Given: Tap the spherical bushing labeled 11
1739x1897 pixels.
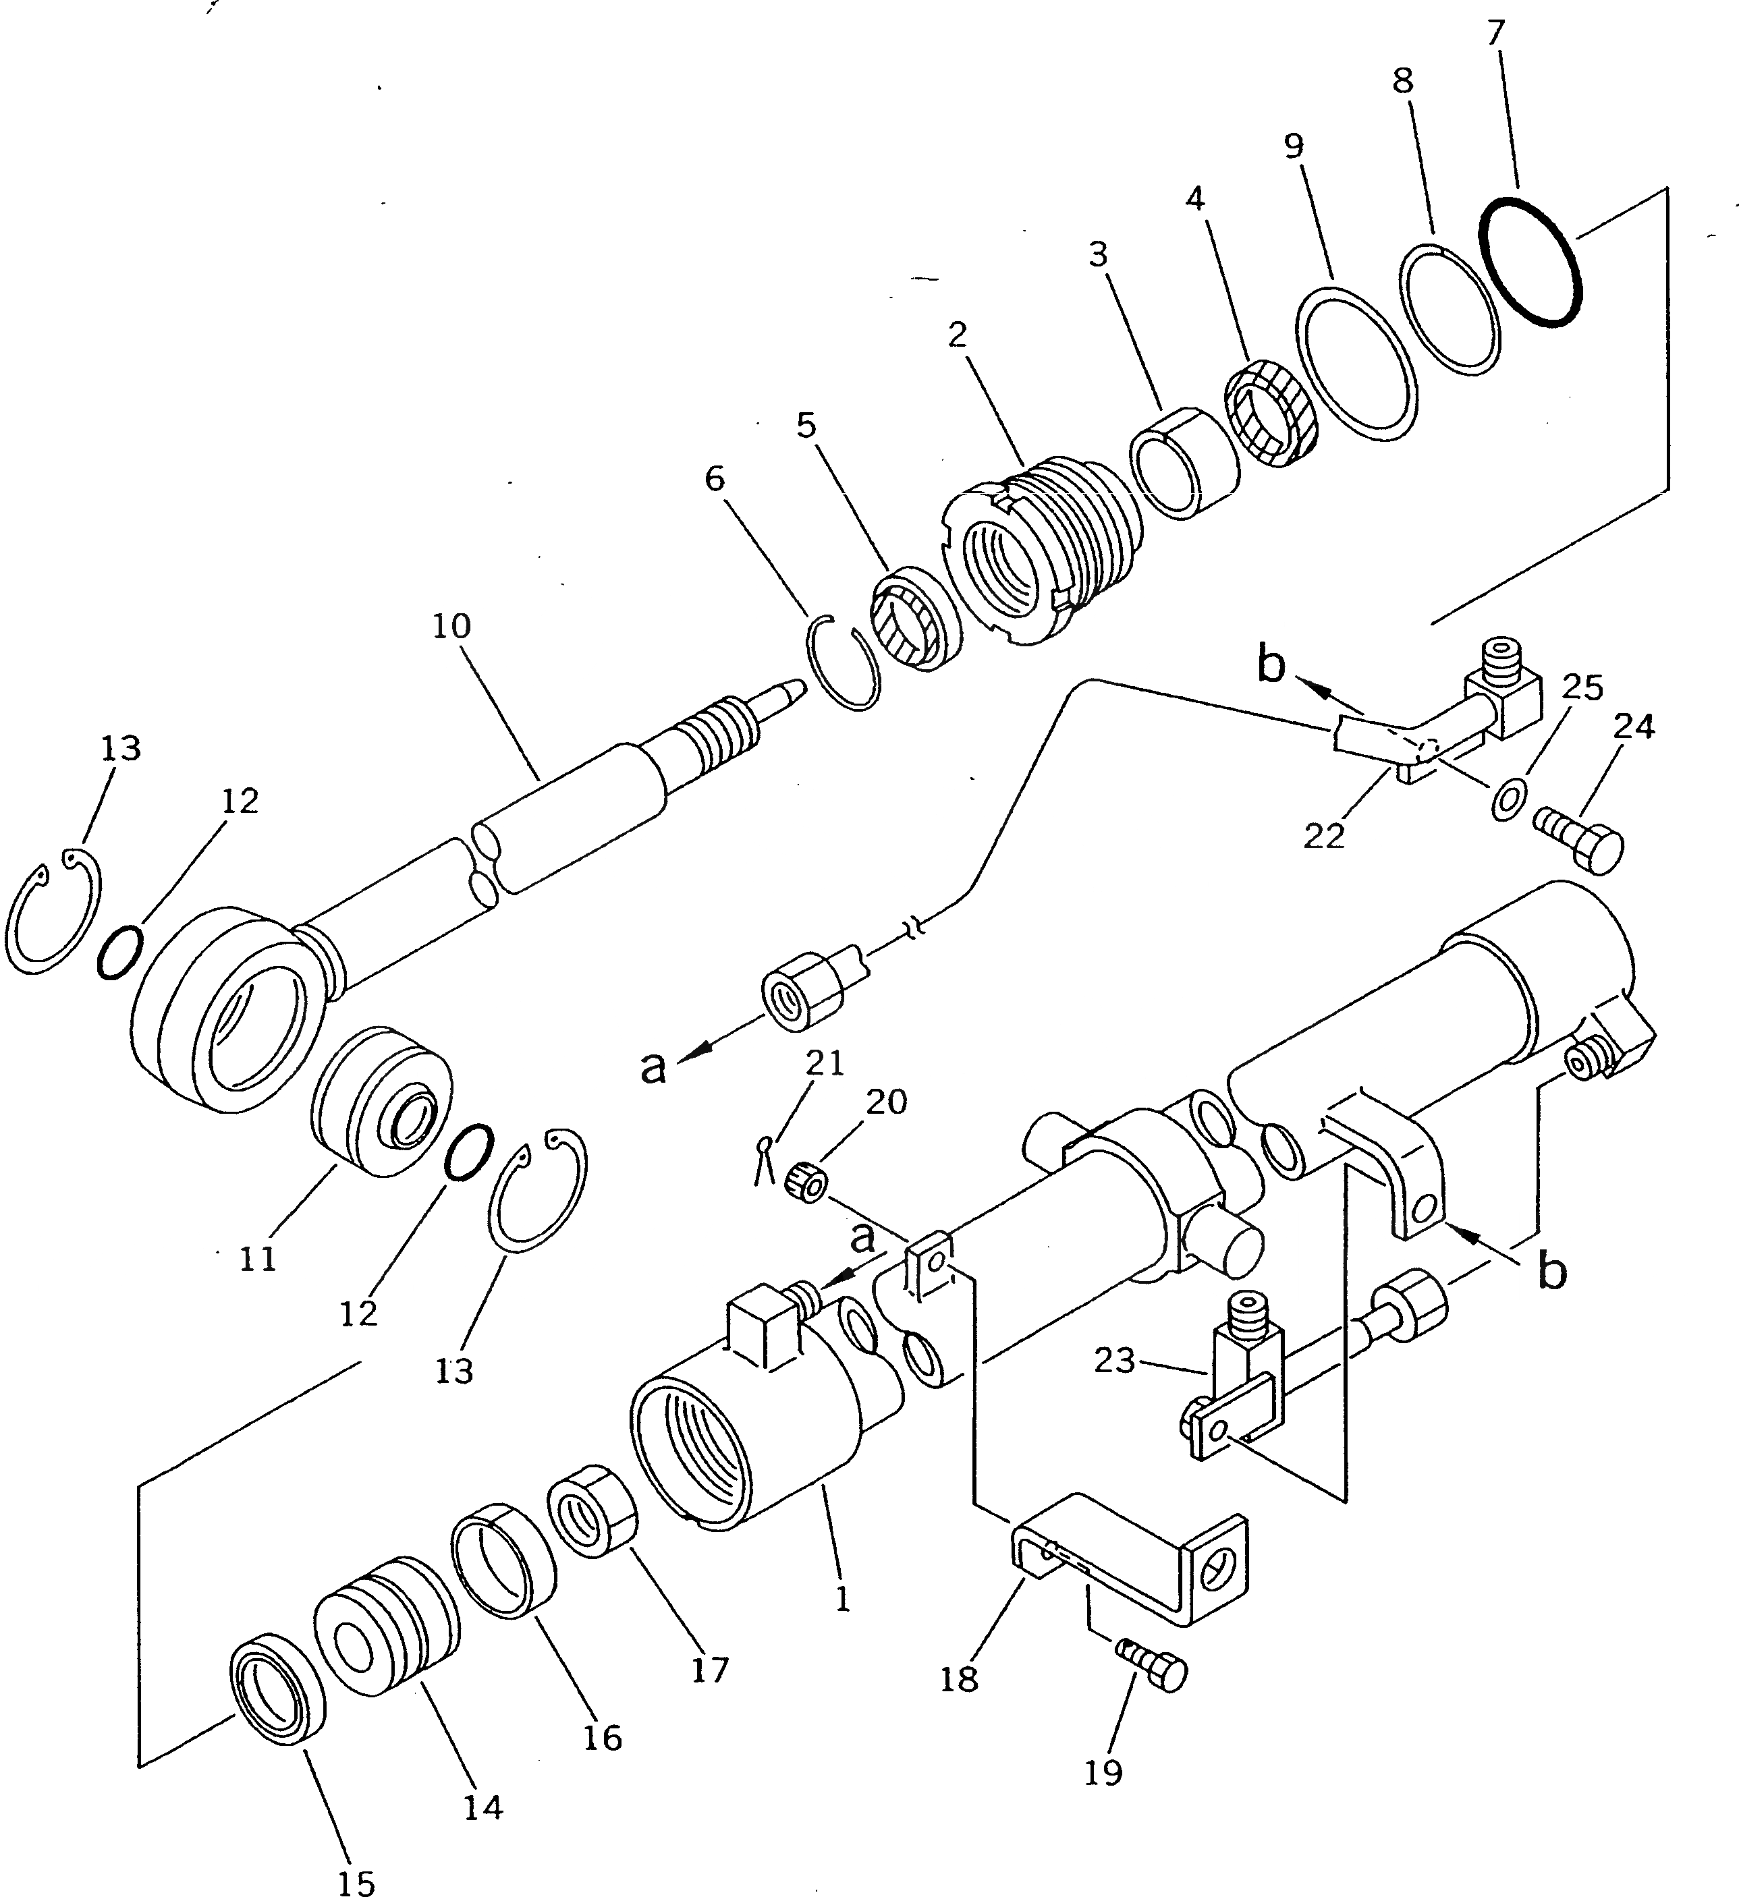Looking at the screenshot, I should (x=381, y=1102).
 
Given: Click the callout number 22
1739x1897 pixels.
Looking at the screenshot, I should (x=1324, y=837).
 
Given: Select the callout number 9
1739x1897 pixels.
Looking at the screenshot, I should (x=1293, y=147).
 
